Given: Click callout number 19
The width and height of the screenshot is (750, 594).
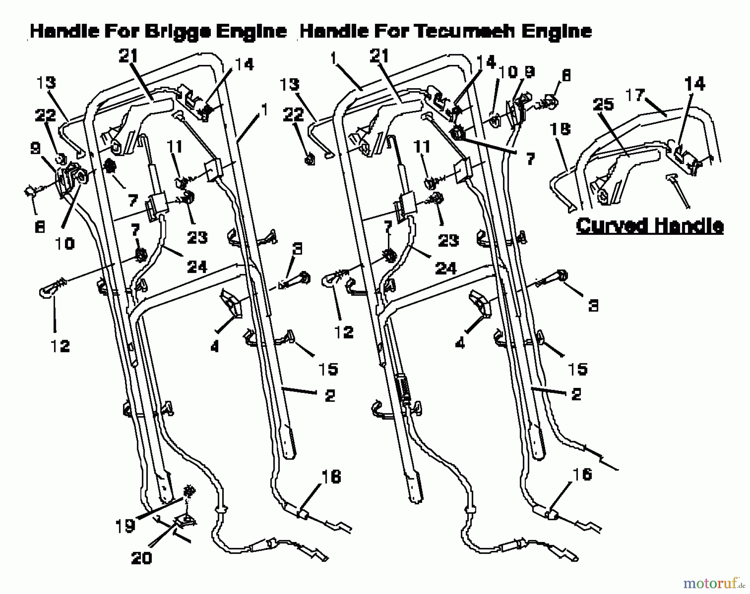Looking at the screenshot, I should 125,526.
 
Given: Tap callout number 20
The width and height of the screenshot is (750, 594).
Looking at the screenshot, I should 141,558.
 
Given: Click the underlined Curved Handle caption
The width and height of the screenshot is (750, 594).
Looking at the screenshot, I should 650,226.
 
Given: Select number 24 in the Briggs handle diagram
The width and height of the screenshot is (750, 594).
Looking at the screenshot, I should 197,266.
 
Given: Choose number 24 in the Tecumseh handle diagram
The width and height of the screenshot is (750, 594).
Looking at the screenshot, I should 446,268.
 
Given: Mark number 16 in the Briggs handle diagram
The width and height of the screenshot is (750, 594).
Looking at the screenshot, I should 332,477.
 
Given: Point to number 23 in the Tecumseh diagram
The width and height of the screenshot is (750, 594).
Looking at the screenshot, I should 448,240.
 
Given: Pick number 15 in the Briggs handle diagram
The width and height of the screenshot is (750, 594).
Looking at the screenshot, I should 328,368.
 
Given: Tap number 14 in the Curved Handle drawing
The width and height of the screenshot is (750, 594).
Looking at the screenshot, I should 695,83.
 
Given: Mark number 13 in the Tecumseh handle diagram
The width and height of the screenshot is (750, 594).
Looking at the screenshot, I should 289,84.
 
